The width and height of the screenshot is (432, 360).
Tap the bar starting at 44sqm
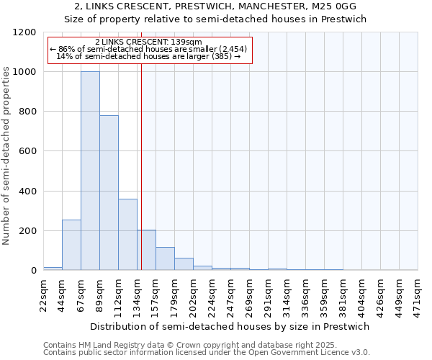coord(71,245)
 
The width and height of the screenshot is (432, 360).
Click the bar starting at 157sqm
coord(165,258)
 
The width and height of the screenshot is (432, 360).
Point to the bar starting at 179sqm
coord(184,264)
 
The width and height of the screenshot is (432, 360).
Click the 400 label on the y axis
coord(29,192)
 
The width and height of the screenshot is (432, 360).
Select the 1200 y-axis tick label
coord(26,32)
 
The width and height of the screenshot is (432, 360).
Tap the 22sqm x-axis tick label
coord(43,293)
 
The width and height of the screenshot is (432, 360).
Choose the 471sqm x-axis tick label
coord(418,293)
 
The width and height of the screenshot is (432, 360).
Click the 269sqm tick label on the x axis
coord(249,294)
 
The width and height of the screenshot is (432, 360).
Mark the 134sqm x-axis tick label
coord(137,294)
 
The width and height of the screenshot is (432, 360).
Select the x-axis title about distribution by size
coord(230,326)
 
